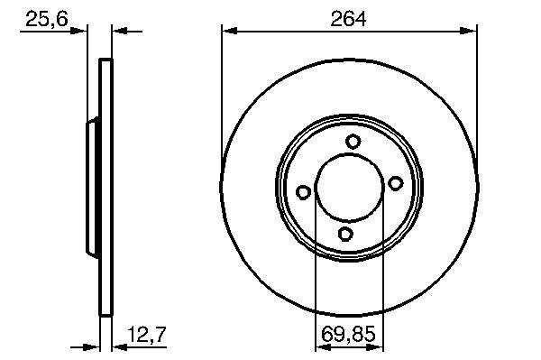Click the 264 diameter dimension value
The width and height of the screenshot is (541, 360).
[x=348, y=19]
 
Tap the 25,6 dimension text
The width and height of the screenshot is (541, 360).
[x=47, y=19]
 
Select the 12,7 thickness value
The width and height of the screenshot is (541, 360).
[x=147, y=334]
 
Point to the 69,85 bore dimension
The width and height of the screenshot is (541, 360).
[x=348, y=334]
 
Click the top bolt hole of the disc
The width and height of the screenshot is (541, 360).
[x=353, y=142]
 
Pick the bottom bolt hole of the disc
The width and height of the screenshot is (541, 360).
[x=345, y=234]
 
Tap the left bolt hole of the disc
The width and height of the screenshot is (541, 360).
[x=303, y=192]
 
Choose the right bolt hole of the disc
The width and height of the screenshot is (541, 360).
[x=396, y=183]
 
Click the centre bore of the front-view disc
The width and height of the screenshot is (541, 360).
[x=349, y=188]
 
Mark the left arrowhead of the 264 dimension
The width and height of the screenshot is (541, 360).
[x=229, y=32]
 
